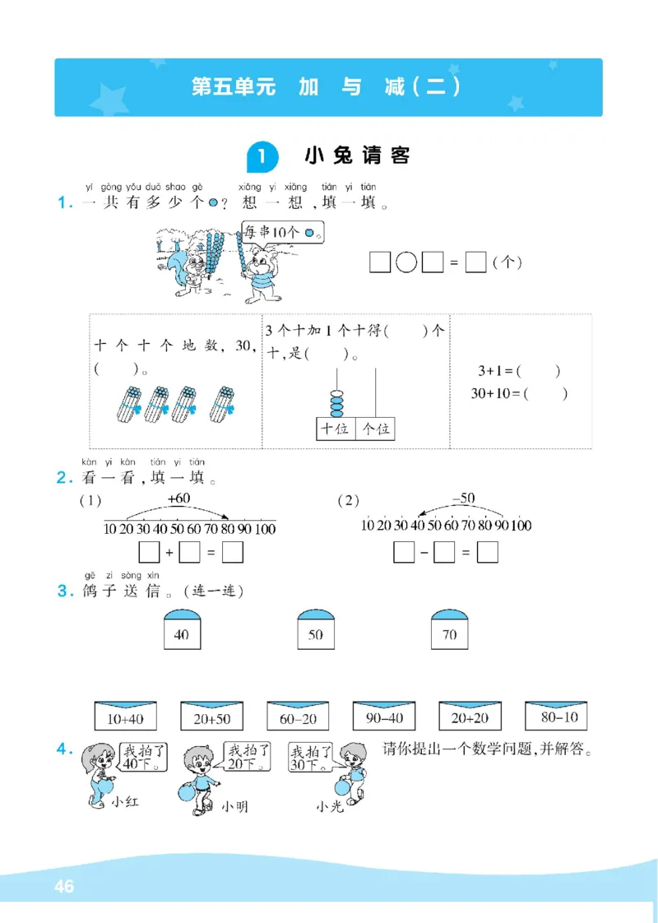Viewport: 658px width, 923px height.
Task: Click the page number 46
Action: [63, 886]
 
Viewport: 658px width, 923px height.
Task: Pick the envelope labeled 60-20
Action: [297, 717]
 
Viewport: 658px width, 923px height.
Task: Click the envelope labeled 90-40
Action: [383, 717]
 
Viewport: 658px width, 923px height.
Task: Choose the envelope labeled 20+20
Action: [470, 717]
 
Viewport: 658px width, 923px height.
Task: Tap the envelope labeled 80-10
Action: [556, 717]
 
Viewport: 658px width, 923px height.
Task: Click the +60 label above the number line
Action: [178, 499]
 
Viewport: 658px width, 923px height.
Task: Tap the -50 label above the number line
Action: [463, 498]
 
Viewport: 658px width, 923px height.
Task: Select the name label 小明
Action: [234, 806]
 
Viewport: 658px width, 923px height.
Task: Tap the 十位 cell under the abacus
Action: [336, 428]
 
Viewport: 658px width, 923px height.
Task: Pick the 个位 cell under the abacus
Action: [375, 428]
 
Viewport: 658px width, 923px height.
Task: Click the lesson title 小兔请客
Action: [357, 155]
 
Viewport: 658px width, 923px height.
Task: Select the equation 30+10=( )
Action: [518, 393]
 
